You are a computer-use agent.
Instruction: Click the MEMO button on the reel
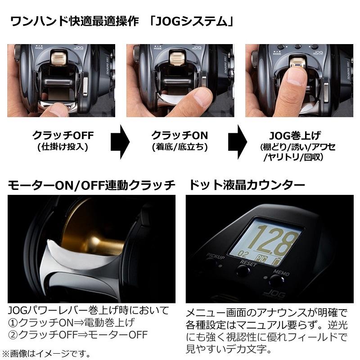[x=277, y=282]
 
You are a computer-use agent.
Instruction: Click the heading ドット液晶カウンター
[x=245, y=184]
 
